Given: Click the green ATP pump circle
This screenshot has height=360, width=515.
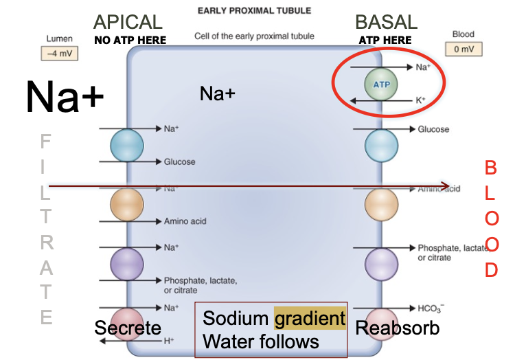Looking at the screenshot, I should tap(380, 84).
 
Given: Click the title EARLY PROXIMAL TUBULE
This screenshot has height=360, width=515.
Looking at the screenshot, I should tap(254, 11).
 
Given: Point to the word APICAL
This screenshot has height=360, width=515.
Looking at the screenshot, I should tap(128, 23).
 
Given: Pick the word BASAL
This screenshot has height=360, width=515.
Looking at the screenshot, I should tap(386, 23).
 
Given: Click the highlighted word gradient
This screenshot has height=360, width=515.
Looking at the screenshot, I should tap(310, 319).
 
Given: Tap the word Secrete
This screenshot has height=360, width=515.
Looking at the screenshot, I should tap(128, 328).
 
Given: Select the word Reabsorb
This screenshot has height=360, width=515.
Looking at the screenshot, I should tap(397, 328).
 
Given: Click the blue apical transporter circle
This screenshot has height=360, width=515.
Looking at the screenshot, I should tap(127, 145).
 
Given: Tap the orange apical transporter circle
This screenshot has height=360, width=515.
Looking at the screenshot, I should tap(127, 204).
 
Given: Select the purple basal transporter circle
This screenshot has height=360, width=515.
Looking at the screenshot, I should tap(381, 264).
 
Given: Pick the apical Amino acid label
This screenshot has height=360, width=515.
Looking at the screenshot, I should tap(185, 221).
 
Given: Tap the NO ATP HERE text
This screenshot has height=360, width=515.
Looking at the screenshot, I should tap(130, 41).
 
